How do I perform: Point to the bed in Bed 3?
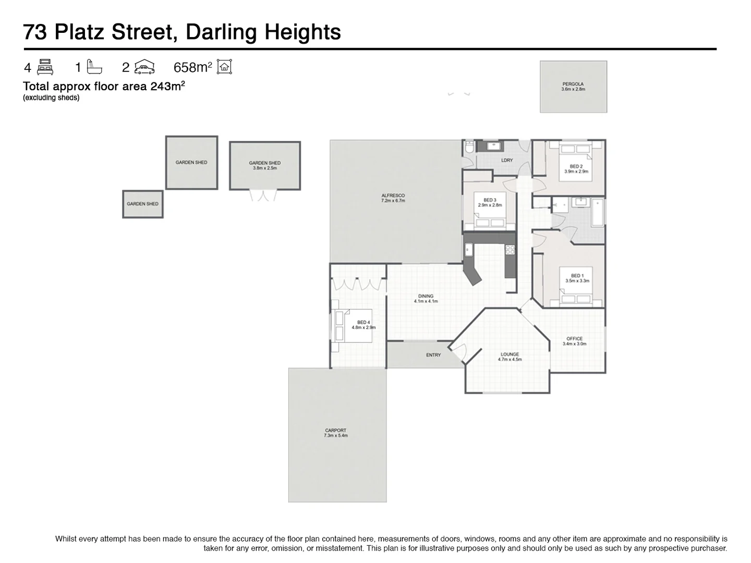tap(489, 216)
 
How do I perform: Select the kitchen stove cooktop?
tap(510, 250)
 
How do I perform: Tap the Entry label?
tap(433, 355)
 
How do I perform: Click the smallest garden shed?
tap(142, 204)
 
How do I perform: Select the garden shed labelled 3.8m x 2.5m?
tap(265, 166)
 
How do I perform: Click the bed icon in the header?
tap(45, 67)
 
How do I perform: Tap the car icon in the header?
tap(144, 67)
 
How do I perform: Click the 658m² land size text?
tap(192, 67)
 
